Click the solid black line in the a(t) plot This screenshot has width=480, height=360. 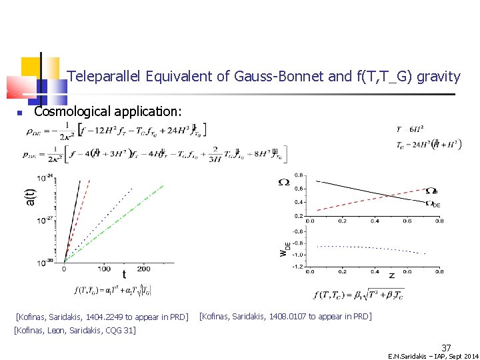pos(73,220)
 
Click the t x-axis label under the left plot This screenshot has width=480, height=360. pos(123,274)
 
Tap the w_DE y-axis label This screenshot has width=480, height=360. pos(285,248)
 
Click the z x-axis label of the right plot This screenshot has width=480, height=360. pos(391,275)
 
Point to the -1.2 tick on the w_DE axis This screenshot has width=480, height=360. pos(297,267)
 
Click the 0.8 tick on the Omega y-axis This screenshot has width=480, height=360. pos(299,175)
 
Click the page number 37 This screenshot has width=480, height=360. pos(446,347)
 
